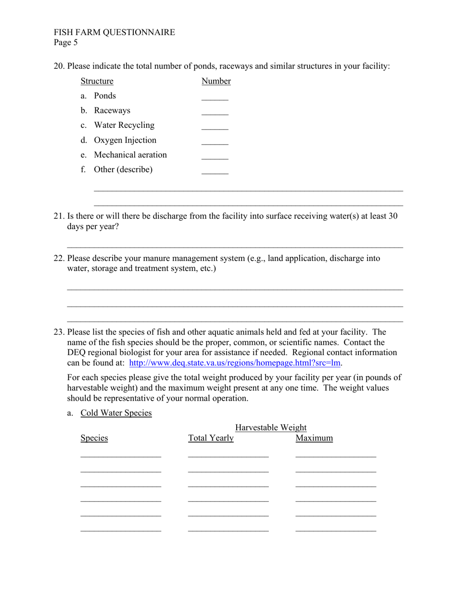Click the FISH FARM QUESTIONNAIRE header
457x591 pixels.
click(114, 32)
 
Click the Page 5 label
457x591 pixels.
click(65, 42)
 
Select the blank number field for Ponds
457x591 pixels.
click(215, 97)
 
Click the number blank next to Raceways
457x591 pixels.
click(215, 112)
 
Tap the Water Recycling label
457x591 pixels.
click(124, 125)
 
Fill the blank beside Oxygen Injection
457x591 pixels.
click(215, 142)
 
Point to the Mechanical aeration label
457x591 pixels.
click(130, 155)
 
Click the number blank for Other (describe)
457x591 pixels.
click(215, 171)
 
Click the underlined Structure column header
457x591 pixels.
click(97, 81)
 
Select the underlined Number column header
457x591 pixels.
click(216, 81)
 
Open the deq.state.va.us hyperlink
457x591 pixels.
click(235, 363)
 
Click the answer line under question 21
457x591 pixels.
click(235, 246)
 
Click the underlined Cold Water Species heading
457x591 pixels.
click(116, 413)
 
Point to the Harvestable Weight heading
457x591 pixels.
click(271, 428)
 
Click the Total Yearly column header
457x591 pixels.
click(211, 438)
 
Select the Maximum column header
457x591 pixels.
click(314, 438)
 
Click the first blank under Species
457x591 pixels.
click(121, 455)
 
